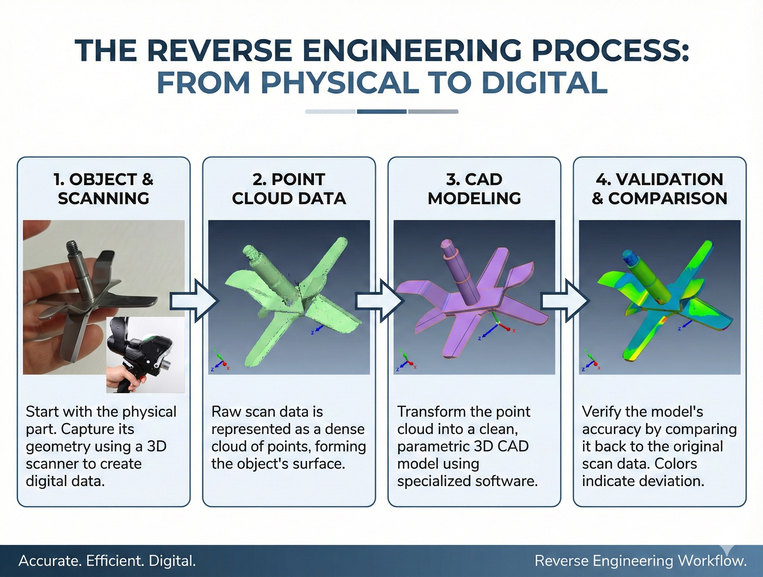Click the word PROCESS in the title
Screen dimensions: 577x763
tap(610, 51)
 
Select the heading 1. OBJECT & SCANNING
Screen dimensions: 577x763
tap(103, 189)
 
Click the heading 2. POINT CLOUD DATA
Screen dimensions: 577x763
tap(289, 189)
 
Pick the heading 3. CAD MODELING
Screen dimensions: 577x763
tap(474, 189)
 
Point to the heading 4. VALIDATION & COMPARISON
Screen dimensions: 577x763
tap(659, 189)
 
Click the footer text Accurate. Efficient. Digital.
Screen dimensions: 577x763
tap(107, 561)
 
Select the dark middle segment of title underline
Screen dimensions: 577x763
tap(381, 111)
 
